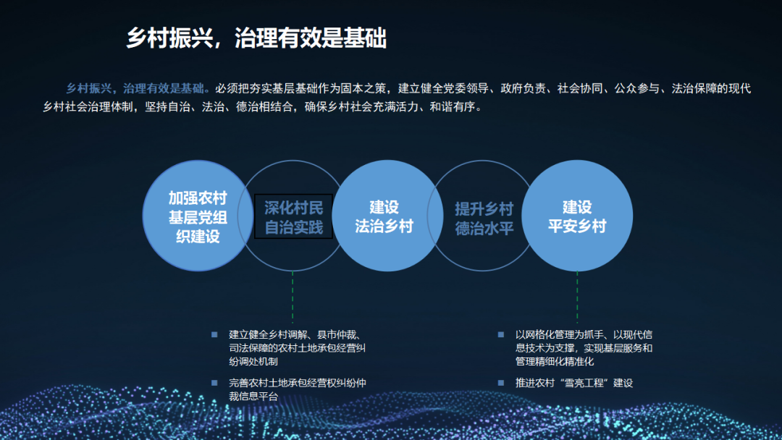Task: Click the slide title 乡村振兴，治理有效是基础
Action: (x=256, y=38)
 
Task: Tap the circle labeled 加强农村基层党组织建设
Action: (x=198, y=216)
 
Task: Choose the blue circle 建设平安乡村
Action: (x=576, y=216)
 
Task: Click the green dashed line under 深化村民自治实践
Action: (x=293, y=297)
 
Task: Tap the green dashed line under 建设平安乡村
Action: (x=577, y=297)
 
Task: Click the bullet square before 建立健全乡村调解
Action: (x=214, y=334)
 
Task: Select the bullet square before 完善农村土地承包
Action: (x=214, y=382)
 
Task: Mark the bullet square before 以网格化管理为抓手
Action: (x=500, y=334)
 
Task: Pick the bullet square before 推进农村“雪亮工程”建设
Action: (x=500, y=382)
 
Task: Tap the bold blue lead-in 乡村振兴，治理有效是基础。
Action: (x=138, y=89)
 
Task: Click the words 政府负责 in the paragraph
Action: (x=522, y=89)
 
